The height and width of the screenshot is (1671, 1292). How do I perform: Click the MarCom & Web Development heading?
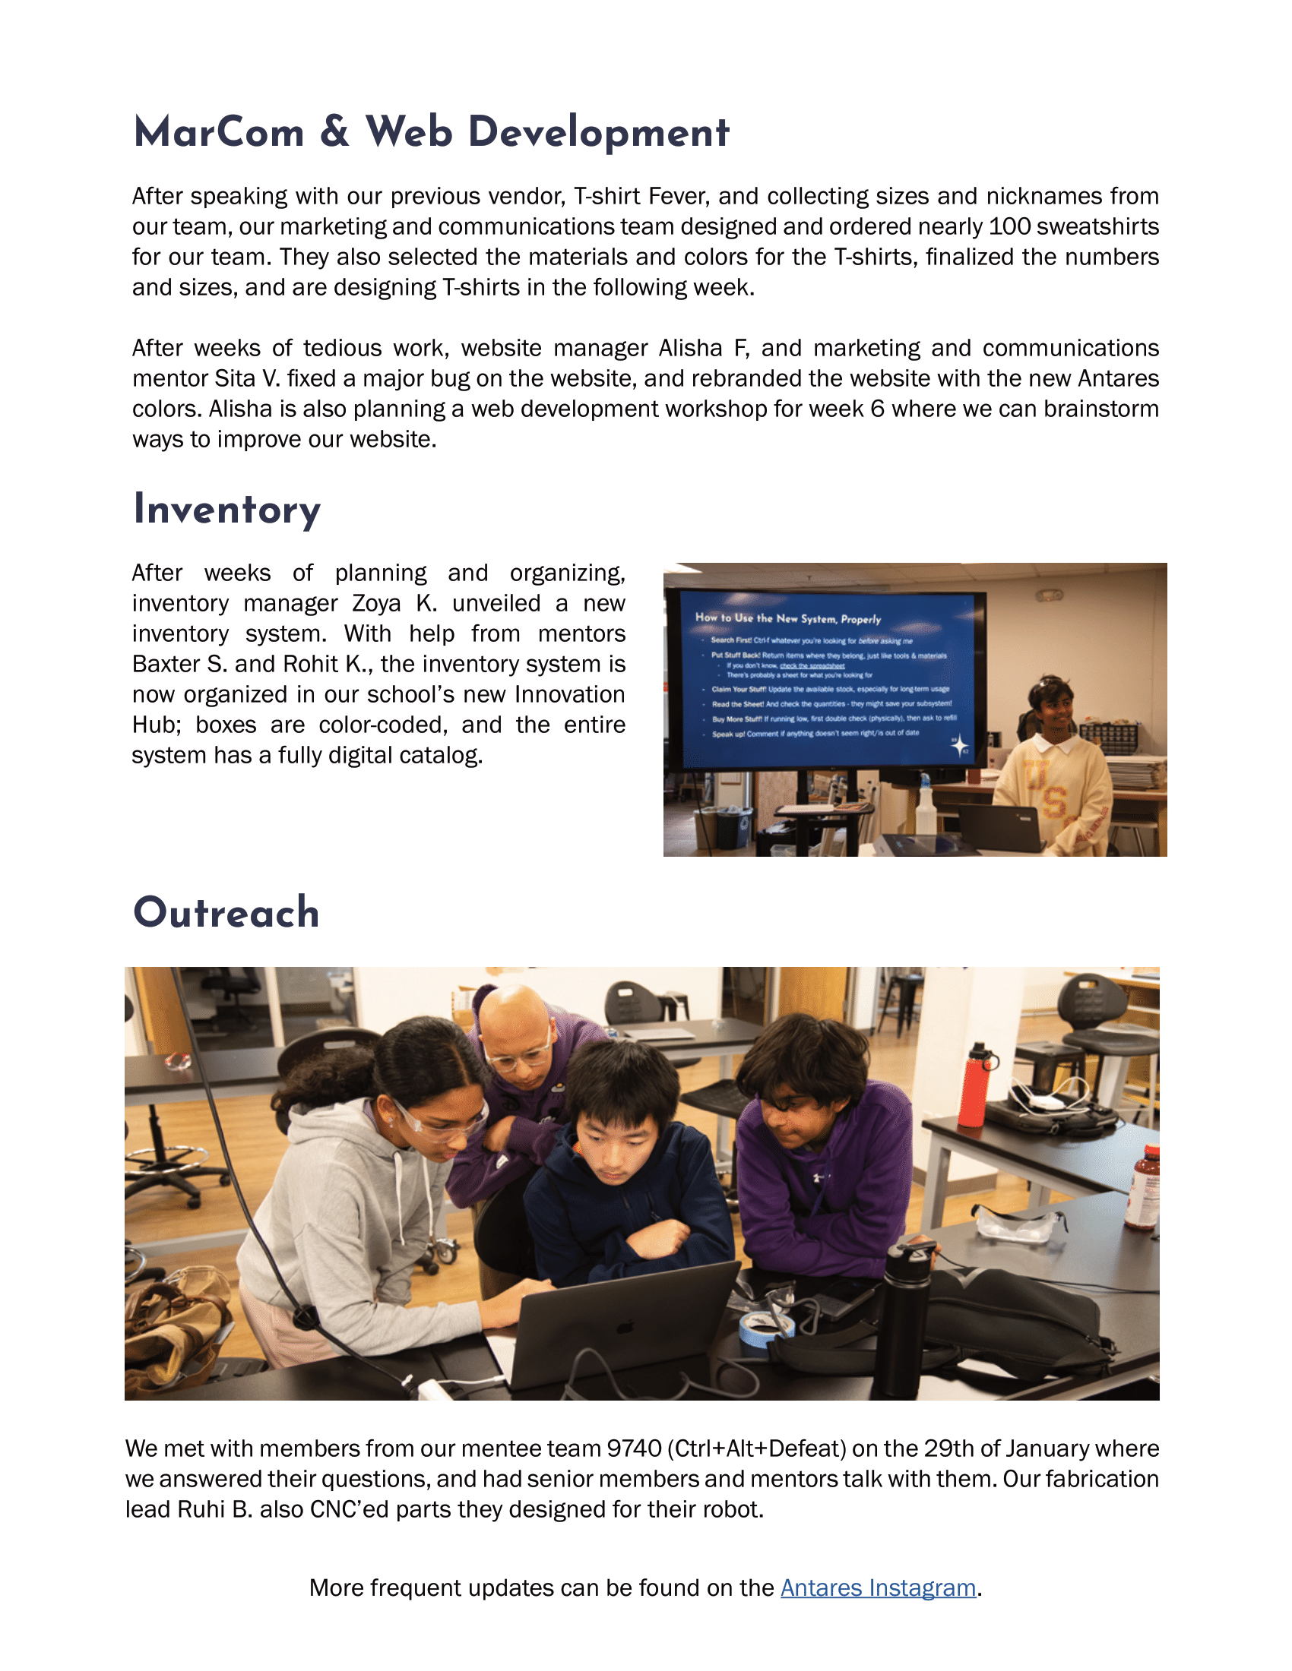pos(431,132)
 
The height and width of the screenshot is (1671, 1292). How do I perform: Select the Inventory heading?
pos(226,510)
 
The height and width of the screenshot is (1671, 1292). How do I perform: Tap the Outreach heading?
pos(226,913)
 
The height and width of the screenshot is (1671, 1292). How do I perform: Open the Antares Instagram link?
pos(877,1587)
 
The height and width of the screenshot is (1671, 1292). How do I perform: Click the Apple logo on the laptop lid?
pos(626,1328)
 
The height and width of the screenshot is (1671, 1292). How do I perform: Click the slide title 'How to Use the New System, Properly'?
pos(787,618)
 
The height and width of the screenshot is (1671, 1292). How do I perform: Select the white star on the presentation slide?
pos(958,746)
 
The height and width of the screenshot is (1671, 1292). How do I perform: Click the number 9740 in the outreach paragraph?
pos(634,1448)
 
